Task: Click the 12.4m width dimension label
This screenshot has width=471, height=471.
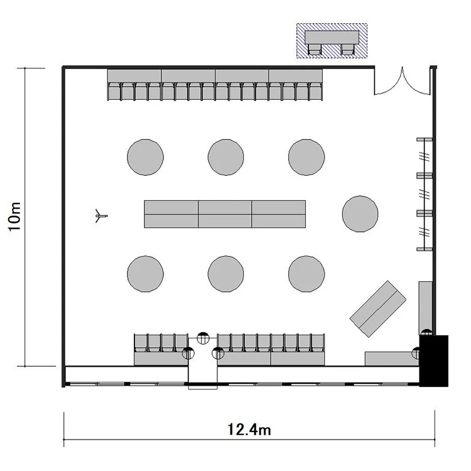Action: [x=249, y=430]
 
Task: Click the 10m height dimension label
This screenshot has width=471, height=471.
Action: [x=14, y=217]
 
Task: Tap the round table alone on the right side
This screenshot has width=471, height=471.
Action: [x=360, y=214]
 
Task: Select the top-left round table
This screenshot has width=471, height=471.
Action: [x=146, y=157]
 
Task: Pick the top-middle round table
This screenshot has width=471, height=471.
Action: [x=226, y=157]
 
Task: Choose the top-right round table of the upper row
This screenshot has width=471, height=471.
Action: [x=306, y=157]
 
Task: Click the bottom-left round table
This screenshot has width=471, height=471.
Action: [x=146, y=274]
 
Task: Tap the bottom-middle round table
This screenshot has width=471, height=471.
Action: [x=226, y=274]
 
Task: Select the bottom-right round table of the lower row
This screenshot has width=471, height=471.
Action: [x=306, y=274]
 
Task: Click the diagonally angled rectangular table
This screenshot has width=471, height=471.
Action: [x=378, y=309]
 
